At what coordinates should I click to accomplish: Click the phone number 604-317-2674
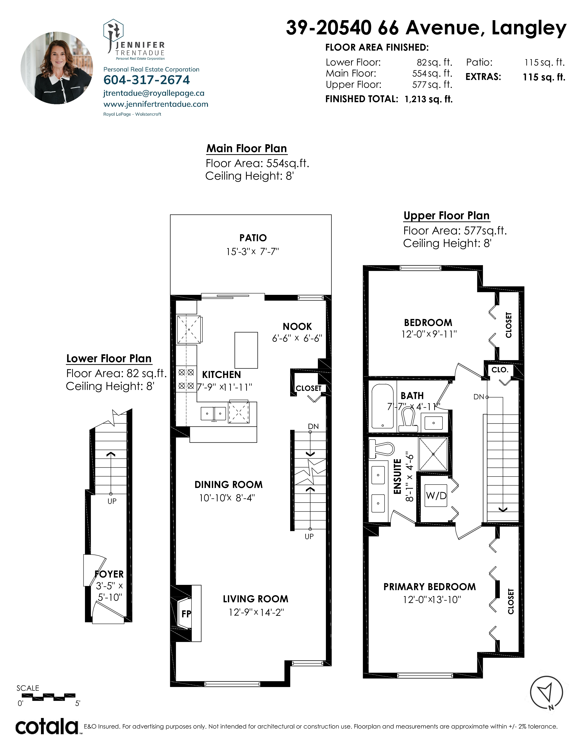pos(147,80)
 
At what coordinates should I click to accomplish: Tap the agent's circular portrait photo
pos(57,68)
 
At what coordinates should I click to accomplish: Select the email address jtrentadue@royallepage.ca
pos(154,93)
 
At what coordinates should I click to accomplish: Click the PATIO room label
pos(253,238)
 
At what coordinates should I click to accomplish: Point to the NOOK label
pos(297,326)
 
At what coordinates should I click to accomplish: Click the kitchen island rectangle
pos(246,350)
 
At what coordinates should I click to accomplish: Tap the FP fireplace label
pos(186,614)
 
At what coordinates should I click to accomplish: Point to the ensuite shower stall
pos(433,454)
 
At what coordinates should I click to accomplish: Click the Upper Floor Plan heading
pos(446,216)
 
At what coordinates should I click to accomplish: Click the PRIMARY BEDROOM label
pos(430,587)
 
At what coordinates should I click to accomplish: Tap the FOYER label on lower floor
pos(109,574)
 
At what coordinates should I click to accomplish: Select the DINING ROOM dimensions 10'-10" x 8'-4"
pos(227,498)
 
